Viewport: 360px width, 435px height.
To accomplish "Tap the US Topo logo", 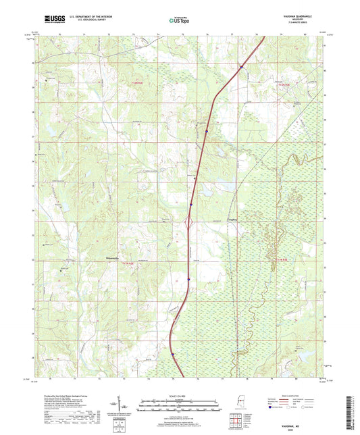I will pos(178,20).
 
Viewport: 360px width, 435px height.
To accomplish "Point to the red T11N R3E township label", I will pos(279,259).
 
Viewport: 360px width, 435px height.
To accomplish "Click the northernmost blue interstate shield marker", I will pos(240,66).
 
